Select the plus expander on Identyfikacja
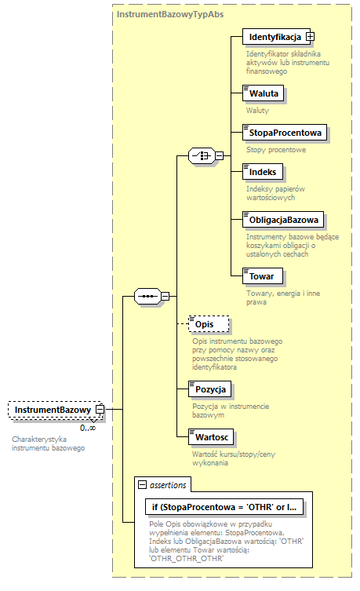(x=310, y=37)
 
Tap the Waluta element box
(x=263, y=93)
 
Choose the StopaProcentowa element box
(x=285, y=133)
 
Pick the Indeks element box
(x=262, y=172)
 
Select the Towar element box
(x=261, y=276)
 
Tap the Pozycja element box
(x=210, y=389)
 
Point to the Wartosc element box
(x=210, y=436)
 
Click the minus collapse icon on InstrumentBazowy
(x=100, y=409)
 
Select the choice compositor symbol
(x=202, y=156)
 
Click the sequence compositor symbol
(x=148, y=296)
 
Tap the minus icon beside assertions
(x=142, y=485)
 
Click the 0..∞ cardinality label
(x=87, y=428)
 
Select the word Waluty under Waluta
(x=257, y=111)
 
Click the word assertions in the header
(x=167, y=485)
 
